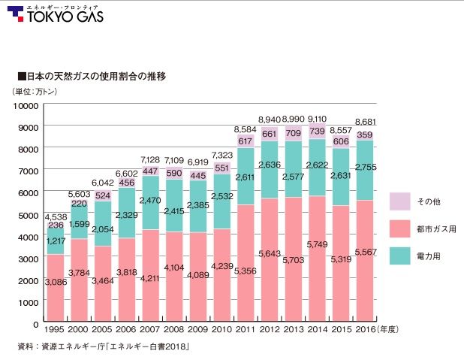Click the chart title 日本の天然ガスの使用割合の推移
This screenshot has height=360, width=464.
click(x=91, y=77)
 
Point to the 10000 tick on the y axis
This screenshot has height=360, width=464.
click(x=26, y=105)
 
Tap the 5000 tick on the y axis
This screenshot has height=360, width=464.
click(x=29, y=215)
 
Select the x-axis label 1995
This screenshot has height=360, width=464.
click(x=55, y=329)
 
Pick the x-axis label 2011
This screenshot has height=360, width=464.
click(x=245, y=329)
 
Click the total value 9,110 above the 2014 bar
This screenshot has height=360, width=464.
click(x=318, y=119)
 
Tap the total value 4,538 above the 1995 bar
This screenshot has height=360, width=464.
click(x=55, y=218)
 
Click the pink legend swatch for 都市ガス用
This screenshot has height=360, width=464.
click(x=399, y=228)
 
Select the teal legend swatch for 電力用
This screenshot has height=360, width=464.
click(x=399, y=255)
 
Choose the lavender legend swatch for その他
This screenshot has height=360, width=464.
click(x=399, y=201)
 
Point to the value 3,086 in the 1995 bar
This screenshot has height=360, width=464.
click(x=55, y=282)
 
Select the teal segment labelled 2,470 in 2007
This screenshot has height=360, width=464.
click(x=150, y=201)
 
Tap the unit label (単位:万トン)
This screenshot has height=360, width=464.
click(x=38, y=92)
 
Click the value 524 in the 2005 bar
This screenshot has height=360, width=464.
click(x=103, y=196)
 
